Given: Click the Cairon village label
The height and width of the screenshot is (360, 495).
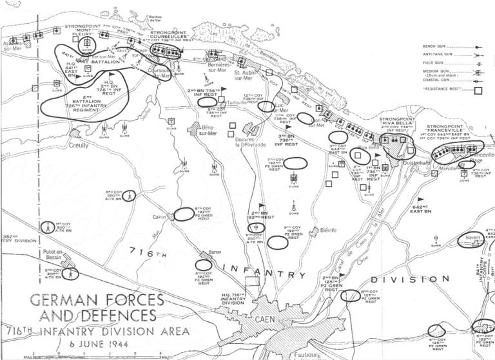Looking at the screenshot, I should point(160,217).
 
